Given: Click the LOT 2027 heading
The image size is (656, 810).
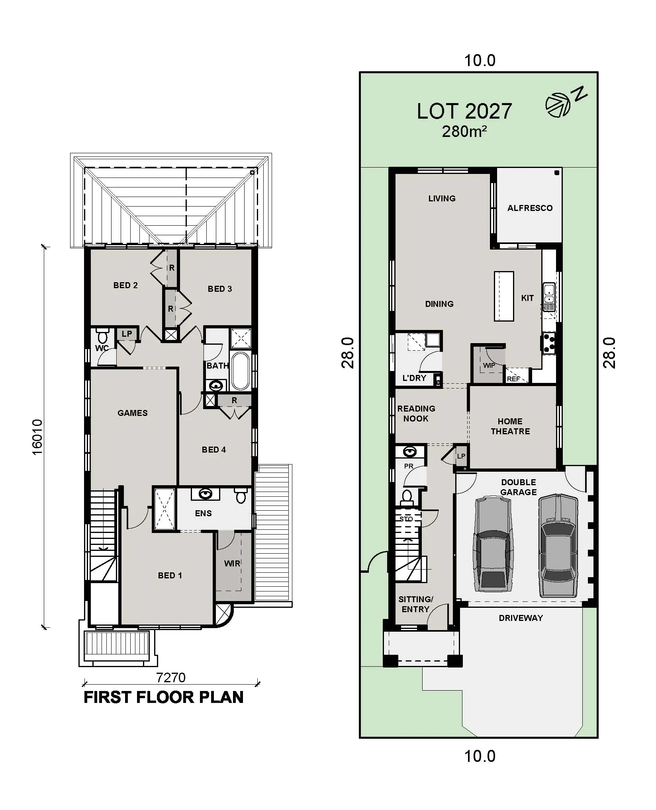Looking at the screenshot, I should tap(464, 111).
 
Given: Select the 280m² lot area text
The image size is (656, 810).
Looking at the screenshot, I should tap(464, 132).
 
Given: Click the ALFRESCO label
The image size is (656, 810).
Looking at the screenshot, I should tap(530, 208).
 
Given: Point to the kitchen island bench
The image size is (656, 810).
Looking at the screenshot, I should tap(504, 296).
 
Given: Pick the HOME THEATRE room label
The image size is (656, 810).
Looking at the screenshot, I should tap(510, 426).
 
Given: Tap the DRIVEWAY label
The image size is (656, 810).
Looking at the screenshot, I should tap(521, 618).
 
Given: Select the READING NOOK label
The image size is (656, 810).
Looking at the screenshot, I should tap(416, 414).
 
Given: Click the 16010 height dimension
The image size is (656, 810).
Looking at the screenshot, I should tap(37, 437).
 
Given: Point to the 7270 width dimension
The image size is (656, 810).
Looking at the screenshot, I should tap(170, 677).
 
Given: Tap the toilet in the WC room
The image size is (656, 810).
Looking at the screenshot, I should tap(102, 337).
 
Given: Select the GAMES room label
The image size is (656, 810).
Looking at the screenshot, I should tap(133, 413).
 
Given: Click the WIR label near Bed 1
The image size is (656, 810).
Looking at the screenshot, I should tap(232, 564).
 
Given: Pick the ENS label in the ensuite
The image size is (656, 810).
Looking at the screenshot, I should tap(203, 513).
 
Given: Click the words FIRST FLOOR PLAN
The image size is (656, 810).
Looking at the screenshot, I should tap(163, 697).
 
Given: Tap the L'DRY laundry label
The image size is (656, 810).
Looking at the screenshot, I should tap(414, 378).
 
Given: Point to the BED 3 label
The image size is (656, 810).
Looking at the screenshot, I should tap(219, 289).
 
